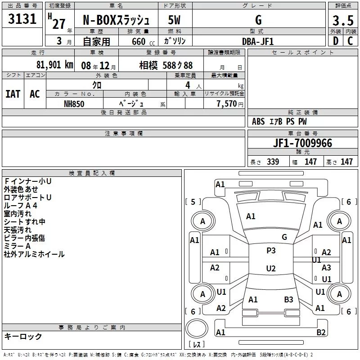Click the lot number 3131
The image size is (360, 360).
22,19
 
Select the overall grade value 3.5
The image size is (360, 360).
343,20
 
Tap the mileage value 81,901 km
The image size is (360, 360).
54,65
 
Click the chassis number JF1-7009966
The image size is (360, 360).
302,143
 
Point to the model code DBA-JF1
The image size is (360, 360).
258,41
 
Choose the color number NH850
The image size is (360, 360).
74,104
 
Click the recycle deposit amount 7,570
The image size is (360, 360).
227,103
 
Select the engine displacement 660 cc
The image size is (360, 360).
143,41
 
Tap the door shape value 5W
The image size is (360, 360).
174,20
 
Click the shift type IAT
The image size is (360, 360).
13,94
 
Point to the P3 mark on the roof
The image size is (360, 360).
271,251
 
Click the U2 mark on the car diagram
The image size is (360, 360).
271,268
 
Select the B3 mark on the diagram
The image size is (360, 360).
288,300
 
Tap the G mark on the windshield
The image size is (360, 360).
284,237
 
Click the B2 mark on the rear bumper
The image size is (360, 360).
321,333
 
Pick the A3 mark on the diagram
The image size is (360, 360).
326,268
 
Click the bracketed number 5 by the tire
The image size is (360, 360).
193,202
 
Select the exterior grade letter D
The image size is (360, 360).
336,41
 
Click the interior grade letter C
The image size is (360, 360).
350,41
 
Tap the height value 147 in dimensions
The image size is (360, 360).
346,162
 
